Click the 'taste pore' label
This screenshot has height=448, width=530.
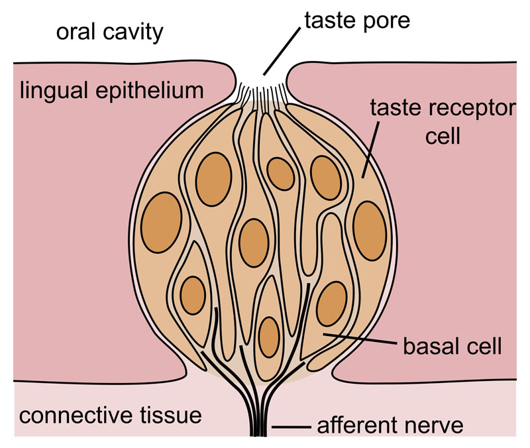(357, 21)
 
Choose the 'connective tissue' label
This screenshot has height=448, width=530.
(109, 416)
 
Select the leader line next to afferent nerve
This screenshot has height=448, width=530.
(288, 425)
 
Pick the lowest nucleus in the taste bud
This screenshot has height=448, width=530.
(268, 337)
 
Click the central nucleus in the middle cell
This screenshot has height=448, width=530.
(253, 243)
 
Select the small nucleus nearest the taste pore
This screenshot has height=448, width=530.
(281, 174)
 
